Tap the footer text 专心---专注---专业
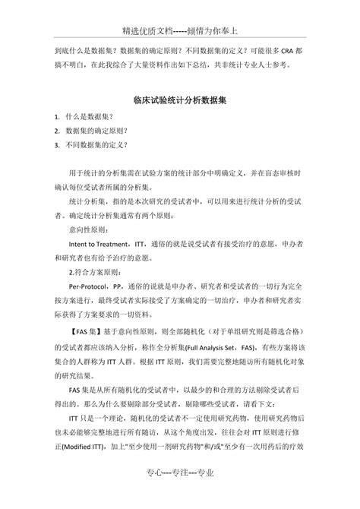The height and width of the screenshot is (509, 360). pos(179,494)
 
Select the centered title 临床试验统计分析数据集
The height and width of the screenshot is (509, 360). pos(180,99)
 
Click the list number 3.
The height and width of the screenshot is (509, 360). pos(58,144)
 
